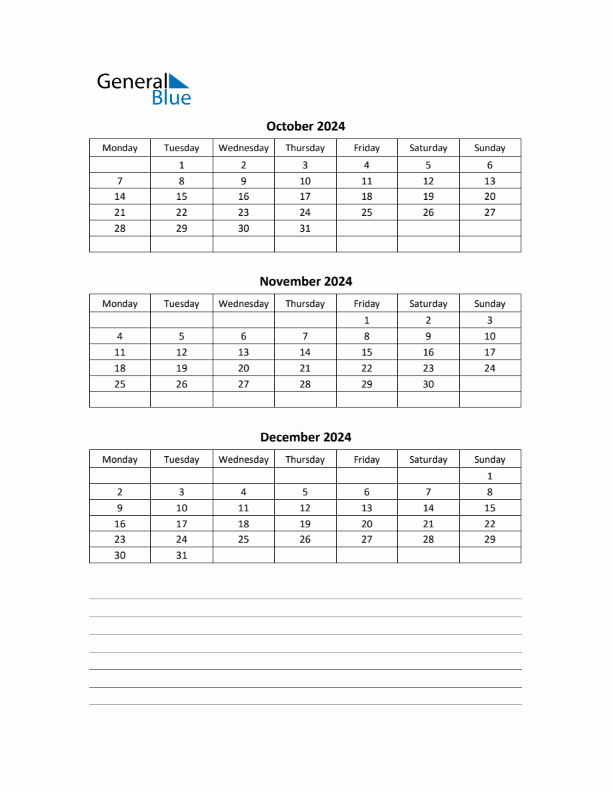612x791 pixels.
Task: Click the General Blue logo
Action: point(143,89)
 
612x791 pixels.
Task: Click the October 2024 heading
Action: point(305,126)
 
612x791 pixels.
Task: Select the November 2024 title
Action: point(305,281)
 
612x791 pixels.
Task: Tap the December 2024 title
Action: point(305,437)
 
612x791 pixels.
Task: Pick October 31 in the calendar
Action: point(305,228)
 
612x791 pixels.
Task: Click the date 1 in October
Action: point(181,165)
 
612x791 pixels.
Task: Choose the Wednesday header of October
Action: point(243,148)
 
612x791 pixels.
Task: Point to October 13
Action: point(489,181)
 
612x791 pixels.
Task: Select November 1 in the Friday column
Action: point(366,320)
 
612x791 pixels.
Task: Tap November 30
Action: point(428,384)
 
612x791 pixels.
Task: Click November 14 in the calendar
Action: point(305,352)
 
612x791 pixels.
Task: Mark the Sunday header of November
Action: point(489,304)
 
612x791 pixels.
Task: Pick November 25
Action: point(120,384)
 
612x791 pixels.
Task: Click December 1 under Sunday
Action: point(489,476)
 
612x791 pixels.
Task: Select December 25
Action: point(243,539)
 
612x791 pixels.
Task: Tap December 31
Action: point(181,555)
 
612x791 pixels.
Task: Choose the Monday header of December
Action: point(120,459)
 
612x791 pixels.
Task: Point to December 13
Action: point(366,508)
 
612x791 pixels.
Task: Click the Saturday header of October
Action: point(428,148)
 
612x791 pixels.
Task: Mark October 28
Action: point(120,228)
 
